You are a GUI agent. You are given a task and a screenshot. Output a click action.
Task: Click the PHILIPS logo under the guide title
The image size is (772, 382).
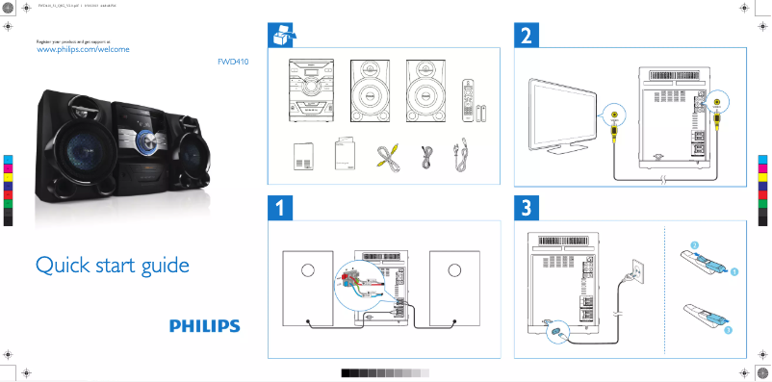205,326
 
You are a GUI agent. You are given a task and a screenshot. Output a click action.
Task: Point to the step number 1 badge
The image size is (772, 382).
279,206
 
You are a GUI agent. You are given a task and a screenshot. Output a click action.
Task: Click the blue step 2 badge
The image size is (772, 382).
527,36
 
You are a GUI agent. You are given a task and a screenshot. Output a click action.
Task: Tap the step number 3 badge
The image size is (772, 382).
527,206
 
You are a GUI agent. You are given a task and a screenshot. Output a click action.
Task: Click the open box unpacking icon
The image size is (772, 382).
280,36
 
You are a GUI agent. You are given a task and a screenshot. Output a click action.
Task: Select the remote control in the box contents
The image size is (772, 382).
468,99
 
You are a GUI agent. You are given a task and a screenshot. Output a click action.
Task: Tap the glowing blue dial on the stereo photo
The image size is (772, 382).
144,140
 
